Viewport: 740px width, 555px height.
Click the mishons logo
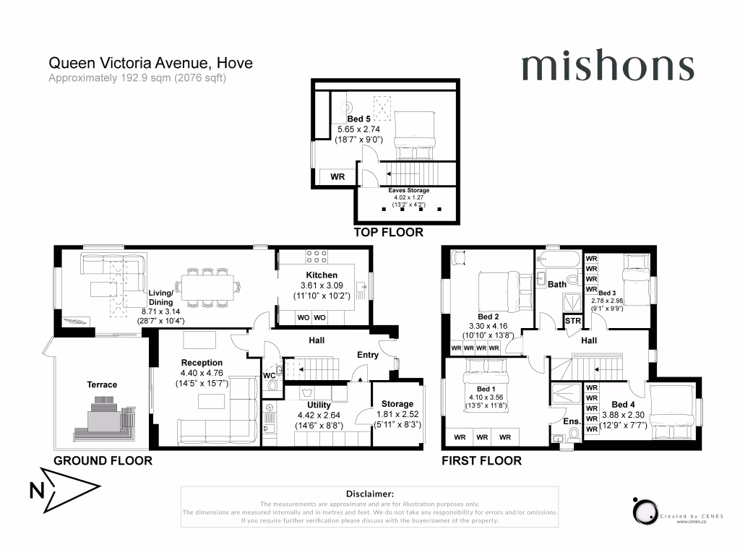pyautogui.click(x=607, y=67)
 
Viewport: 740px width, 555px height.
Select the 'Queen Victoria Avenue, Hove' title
pyautogui.click(x=150, y=64)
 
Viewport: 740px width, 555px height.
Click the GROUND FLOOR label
pyautogui.click(x=103, y=460)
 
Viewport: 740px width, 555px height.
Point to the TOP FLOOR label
pyautogui.click(x=387, y=233)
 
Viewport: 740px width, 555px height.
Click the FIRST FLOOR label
pyautogui.click(x=481, y=460)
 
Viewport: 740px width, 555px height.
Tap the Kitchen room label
pyautogui.click(x=322, y=275)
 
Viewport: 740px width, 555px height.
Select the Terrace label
pyautogui.click(x=102, y=384)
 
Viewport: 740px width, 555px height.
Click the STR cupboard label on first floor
pyautogui.click(x=572, y=320)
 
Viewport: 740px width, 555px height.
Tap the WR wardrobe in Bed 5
pyautogui.click(x=337, y=176)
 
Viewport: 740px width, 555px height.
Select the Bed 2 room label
pyautogui.click(x=489, y=317)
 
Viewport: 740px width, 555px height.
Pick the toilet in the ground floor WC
pyautogui.click(x=272, y=385)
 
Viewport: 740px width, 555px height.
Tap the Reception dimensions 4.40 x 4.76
pyautogui.click(x=202, y=374)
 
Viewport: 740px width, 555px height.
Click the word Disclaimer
pyautogui.click(x=369, y=493)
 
